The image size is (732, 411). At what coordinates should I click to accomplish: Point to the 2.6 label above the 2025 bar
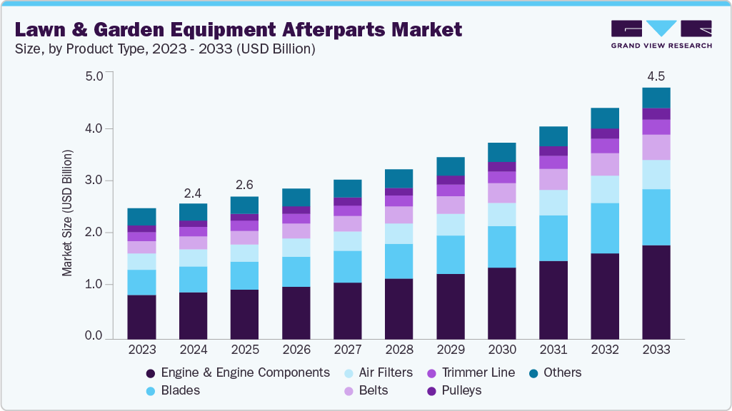click(x=244, y=185)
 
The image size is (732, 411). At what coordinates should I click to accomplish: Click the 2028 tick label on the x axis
click(x=398, y=350)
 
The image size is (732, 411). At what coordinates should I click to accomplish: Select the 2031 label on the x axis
click(x=553, y=350)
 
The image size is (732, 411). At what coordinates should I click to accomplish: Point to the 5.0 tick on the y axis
click(x=94, y=76)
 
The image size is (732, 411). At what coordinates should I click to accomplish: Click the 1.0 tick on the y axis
click(x=94, y=285)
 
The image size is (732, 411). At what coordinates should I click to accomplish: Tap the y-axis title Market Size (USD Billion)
click(x=67, y=213)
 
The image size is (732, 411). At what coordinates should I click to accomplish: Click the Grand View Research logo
click(x=661, y=34)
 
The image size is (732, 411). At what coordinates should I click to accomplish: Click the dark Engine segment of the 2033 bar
click(x=656, y=291)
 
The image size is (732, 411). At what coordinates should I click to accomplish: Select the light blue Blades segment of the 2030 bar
click(x=501, y=247)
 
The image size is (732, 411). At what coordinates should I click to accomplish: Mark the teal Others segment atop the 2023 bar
click(x=141, y=217)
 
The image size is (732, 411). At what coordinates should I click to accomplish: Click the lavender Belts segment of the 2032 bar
click(x=604, y=164)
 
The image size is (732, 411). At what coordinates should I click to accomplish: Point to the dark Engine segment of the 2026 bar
click(x=296, y=312)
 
